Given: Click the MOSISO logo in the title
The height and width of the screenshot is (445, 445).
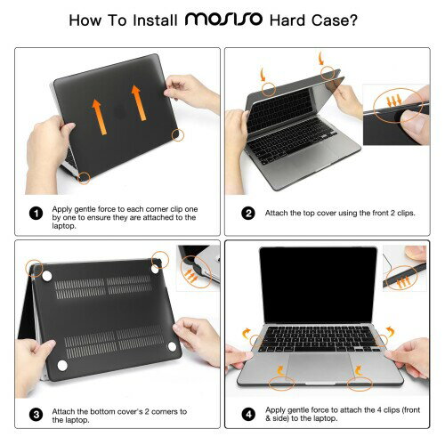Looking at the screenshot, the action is tap(223, 20).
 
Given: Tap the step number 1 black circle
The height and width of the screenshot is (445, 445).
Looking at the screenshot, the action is tap(36, 214).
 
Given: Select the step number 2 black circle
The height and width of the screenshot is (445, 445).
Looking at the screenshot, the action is tap(248, 214).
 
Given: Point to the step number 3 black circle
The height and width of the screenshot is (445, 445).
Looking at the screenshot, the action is tap(36, 415).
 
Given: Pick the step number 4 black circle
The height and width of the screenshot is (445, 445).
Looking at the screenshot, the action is tap(248, 415).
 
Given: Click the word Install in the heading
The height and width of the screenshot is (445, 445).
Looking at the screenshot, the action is tap(155, 20).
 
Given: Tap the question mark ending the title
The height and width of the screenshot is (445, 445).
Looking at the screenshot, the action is tap(353, 20).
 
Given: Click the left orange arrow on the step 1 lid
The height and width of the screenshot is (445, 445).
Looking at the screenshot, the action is tap(100, 117).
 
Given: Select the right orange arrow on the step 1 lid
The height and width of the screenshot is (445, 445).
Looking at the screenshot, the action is tap(139, 103).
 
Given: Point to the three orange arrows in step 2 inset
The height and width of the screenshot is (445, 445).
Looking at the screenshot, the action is tap(394, 101).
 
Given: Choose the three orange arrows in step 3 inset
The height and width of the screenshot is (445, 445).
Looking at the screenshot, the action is tap(191, 276).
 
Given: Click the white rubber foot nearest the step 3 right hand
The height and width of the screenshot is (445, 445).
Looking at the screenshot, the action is tap(172, 346).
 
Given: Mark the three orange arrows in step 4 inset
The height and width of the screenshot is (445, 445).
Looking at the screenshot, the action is tap(403, 282).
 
